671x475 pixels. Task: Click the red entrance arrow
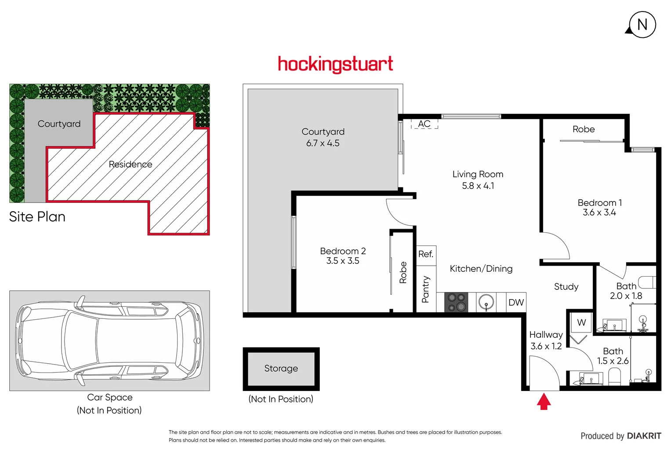click(544, 401)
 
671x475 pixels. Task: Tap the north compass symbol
click(642, 25)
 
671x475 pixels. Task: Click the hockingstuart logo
click(335, 64)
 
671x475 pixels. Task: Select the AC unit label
click(424, 124)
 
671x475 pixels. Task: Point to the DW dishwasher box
click(516, 303)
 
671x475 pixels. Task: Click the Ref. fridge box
click(426, 255)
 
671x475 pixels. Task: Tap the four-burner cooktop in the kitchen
click(457, 303)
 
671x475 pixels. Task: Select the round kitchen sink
click(486, 303)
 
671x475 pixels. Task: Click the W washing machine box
click(581, 323)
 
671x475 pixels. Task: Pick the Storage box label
click(281, 369)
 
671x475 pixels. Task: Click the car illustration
click(109, 340)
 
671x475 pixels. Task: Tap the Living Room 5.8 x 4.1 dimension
click(478, 186)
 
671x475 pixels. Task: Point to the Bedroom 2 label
click(343, 251)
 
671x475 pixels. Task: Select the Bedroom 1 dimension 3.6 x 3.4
click(599, 213)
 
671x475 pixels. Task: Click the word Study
click(566, 287)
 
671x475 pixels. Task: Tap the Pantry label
click(425, 289)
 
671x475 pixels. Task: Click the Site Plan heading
click(37, 217)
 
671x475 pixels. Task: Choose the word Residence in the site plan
click(131, 164)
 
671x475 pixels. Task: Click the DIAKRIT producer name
click(644, 436)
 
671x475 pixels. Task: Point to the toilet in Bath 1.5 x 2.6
click(614, 376)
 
